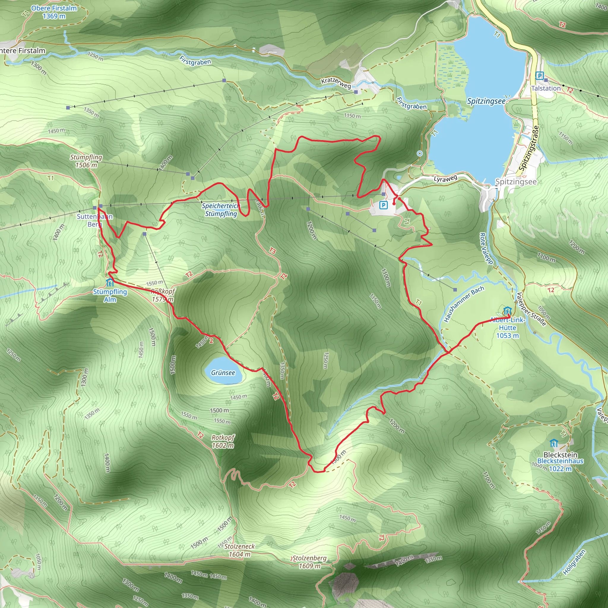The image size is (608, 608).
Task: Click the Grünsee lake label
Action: [x=223, y=373]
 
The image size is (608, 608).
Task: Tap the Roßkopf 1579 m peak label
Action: [x=162, y=295]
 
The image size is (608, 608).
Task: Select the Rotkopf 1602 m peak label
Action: [x=223, y=441]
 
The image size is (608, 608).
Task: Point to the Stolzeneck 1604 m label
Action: [x=240, y=550]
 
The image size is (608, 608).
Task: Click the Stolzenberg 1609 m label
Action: [x=310, y=562]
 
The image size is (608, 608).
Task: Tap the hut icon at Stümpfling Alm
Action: [x=110, y=282]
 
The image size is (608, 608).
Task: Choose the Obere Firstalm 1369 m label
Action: [x=54, y=12]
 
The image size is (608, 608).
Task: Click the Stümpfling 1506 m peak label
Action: [x=86, y=161]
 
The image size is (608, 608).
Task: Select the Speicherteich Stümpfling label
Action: [x=221, y=210]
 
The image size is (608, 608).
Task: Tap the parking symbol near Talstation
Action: [x=539, y=75]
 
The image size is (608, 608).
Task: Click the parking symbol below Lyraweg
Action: [x=383, y=205]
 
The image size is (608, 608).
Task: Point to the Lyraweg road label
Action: [x=445, y=179]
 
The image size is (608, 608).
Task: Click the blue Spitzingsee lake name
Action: [x=486, y=101]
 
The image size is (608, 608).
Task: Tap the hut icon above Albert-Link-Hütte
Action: [x=507, y=311]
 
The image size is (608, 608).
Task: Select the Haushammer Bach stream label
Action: [x=464, y=304]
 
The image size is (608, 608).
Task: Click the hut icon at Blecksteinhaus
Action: [x=554, y=444]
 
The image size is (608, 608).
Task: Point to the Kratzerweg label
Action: [x=336, y=83]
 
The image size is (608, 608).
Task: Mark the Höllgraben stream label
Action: [x=574, y=562]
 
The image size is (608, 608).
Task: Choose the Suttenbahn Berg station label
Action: [x=95, y=220]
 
